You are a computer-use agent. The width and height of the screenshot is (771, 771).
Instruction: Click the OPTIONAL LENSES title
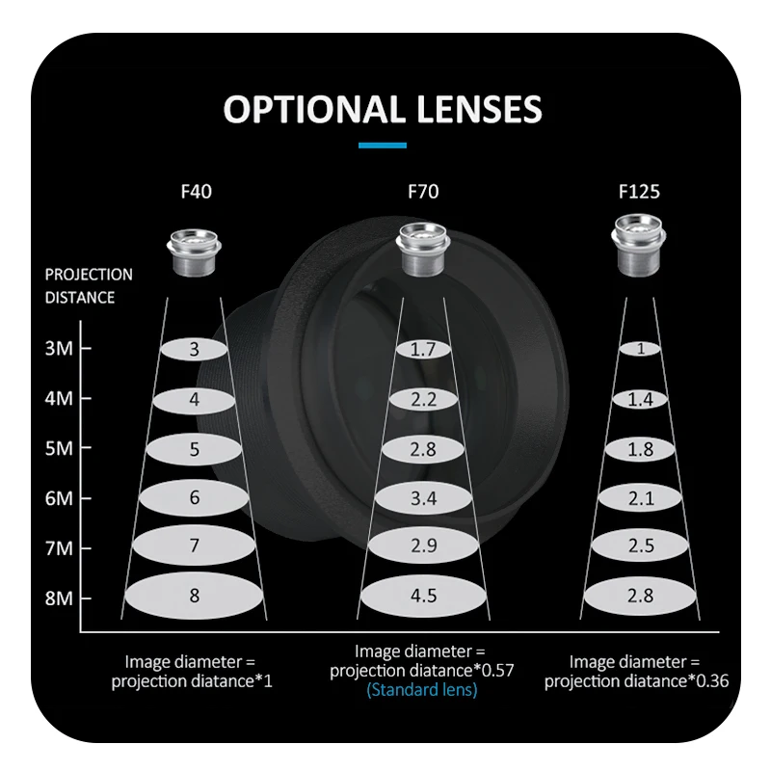point(383,109)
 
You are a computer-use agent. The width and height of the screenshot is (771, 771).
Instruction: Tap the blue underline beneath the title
point(383,146)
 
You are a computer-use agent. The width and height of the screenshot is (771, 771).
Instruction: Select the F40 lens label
point(195,191)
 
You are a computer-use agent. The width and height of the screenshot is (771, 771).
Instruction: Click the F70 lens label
point(423,191)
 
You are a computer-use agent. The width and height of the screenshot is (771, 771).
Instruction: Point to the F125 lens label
point(639,191)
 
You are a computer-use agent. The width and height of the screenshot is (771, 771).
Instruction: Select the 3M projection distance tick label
point(60,348)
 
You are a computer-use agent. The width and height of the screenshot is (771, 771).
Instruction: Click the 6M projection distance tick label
point(60,498)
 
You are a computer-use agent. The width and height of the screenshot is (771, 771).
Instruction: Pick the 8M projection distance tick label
point(60,598)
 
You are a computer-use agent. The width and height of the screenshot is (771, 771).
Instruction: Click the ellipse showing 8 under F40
point(194,596)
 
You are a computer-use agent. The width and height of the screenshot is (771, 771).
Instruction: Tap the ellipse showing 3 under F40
point(194,349)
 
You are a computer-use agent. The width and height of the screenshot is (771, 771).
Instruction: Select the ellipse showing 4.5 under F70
point(423,596)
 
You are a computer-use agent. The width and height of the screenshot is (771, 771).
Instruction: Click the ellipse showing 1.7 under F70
point(423,349)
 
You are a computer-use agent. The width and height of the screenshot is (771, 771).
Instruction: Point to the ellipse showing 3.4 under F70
point(423,497)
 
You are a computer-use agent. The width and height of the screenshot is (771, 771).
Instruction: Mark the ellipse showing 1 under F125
point(639,349)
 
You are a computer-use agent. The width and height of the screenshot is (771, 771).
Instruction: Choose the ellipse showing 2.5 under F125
point(639,546)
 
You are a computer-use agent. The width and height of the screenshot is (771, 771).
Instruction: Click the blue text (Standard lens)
point(422,690)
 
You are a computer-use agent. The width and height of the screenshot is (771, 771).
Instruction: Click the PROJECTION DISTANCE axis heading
point(89,286)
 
